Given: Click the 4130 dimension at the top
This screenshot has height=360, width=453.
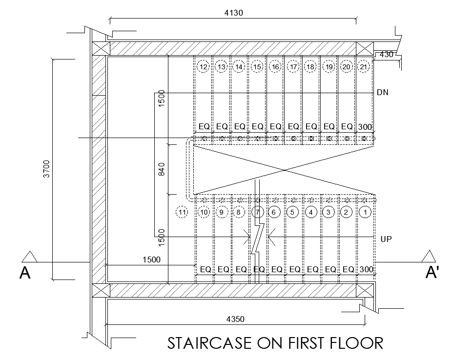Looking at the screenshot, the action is tap(234, 13).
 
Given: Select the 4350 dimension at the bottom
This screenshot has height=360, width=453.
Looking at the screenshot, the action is tap(235, 320).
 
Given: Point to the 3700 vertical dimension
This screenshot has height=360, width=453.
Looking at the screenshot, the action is tap(46, 169).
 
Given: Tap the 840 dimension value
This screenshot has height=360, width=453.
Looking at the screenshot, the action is tap(162, 169).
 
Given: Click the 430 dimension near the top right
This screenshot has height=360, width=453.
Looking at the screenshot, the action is tap(386, 55).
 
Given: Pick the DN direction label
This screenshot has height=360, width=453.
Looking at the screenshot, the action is tap(383, 93).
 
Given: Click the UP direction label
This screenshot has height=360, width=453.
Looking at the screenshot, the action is tap(386, 239).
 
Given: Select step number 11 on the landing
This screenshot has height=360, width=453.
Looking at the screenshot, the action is tap(182, 213).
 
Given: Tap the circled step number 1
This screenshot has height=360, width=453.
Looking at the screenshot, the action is tap(365, 213).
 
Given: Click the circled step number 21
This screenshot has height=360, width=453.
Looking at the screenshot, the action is tap(364, 67).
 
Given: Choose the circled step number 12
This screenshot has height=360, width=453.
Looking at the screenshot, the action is tap(204, 67).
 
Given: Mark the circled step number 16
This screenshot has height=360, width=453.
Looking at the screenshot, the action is tap(275, 67).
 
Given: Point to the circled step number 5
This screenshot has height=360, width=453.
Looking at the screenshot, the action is tap(292, 213).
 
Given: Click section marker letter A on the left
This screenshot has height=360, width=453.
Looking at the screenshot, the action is tap(25, 273).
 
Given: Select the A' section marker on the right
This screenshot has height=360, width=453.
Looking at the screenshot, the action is tap(432, 272).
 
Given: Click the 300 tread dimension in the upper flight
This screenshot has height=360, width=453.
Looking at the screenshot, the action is tap(365, 127).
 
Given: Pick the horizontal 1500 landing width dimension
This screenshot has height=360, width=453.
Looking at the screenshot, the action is tap(151, 260).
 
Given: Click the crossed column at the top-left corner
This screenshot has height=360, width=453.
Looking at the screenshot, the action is tap(101, 48).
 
